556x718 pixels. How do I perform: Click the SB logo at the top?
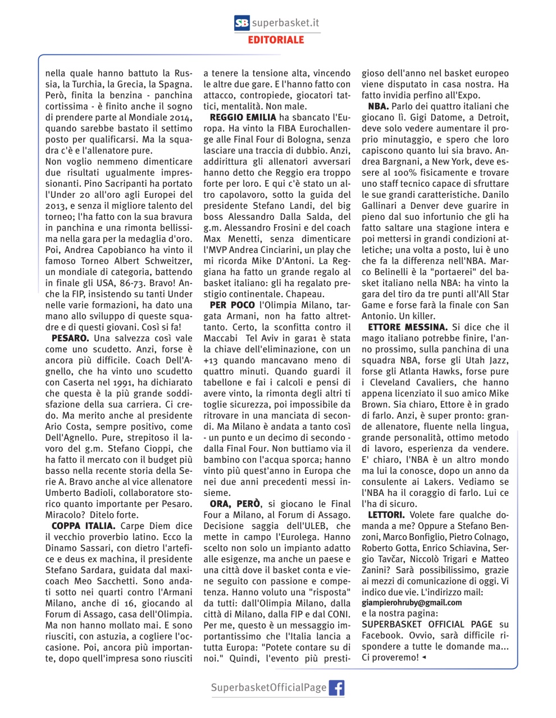point(242,23)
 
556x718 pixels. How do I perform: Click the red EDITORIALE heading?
point(276,40)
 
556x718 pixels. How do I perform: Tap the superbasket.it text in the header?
point(285,23)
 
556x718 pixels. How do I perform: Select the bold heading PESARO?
point(70,338)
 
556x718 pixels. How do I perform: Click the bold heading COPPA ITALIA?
point(83,526)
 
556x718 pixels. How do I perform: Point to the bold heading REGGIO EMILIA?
point(243,117)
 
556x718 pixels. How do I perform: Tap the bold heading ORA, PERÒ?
point(235,504)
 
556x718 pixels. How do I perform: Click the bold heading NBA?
point(378,106)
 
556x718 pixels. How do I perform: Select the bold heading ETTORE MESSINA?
point(408,327)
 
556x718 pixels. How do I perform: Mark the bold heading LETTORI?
point(386,515)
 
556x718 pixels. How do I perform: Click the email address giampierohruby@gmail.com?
point(412,602)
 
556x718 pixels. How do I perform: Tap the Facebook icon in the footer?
point(336,688)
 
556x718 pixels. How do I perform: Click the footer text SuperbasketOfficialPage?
point(268,688)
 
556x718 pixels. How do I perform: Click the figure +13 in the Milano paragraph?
point(212,361)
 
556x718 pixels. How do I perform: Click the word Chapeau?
point(305,294)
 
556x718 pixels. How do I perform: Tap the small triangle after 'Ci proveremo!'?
point(423,658)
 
